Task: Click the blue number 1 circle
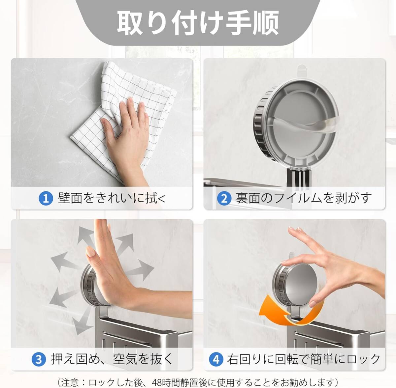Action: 46,198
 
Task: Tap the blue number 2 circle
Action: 224,198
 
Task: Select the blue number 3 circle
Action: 39,359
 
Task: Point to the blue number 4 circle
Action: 216,359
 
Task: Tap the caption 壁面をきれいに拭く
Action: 112,198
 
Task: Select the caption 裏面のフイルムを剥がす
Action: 304,198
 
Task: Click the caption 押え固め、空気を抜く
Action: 112,359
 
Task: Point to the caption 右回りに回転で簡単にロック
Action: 304,359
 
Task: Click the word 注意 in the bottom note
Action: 70,381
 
